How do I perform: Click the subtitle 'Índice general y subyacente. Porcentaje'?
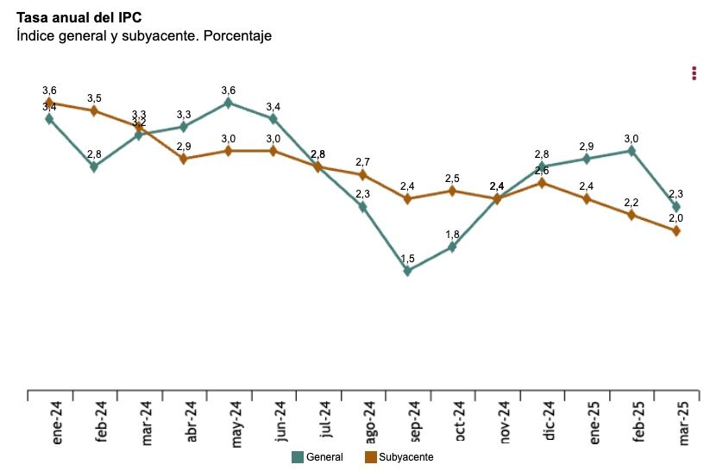tap(144, 35)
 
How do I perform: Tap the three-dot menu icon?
tap(694, 73)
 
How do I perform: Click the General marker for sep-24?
tap(407, 271)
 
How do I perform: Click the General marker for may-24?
tap(229, 103)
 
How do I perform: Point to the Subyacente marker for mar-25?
tap(676, 230)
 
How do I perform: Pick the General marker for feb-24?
tap(94, 166)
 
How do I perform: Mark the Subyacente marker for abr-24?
tap(184, 159)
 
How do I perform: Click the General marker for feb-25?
tap(632, 151)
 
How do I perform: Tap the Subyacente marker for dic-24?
tap(542, 183)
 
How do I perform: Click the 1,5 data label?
tap(407, 258)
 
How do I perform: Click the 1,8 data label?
tap(452, 235)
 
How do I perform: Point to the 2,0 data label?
tap(676, 218)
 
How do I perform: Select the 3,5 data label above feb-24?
tap(94, 98)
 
